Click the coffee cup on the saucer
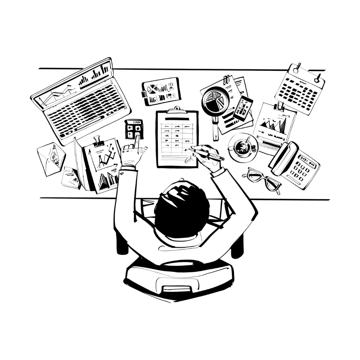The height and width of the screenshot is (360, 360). pos(242,146)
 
